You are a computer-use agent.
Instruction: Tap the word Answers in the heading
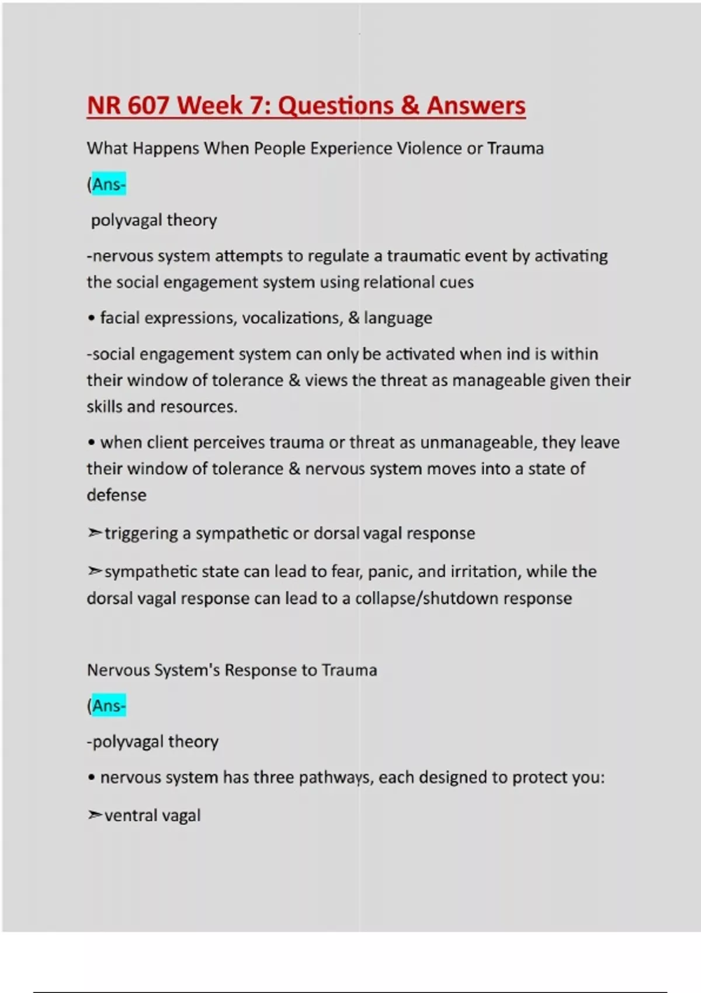point(476,106)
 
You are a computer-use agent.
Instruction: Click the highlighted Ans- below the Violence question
point(109,185)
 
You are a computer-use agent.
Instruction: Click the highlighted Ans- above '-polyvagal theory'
point(109,706)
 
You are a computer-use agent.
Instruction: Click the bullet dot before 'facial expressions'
point(91,318)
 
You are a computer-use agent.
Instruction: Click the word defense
point(116,495)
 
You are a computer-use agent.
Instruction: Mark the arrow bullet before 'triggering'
point(94,533)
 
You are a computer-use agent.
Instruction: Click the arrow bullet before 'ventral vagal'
point(94,815)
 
